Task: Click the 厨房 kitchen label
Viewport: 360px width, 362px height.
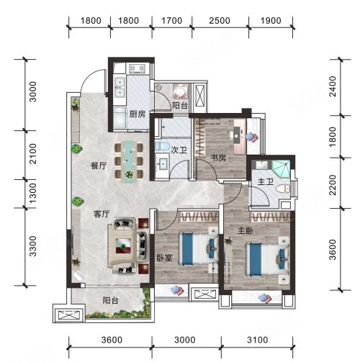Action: tap(138, 114)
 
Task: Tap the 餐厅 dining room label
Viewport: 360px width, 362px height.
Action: tap(99, 166)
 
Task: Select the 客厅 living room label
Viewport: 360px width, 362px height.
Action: tap(102, 214)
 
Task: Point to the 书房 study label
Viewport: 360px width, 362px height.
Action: tap(218, 158)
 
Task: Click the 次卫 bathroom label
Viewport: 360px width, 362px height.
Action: tap(179, 150)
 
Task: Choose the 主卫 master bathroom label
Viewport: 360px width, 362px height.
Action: tap(266, 182)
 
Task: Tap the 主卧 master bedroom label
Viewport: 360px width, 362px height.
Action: tap(246, 231)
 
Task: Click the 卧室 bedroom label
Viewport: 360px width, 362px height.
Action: tap(164, 258)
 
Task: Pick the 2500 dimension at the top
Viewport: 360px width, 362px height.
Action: tap(220, 21)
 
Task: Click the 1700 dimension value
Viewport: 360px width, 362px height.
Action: tap(171, 21)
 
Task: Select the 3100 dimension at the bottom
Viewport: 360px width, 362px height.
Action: tap(257, 340)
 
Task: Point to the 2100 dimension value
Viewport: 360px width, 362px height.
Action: tap(32, 154)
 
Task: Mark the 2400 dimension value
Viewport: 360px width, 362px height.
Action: tap(333, 86)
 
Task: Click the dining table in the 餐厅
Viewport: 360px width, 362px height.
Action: tap(130, 161)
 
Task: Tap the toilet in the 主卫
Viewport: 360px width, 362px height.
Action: tap(283, 189)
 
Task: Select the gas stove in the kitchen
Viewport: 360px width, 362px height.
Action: tap(137, 69)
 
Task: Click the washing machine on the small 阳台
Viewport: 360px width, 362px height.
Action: tap(181, 91)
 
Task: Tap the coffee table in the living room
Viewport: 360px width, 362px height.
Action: tap(123, 245)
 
